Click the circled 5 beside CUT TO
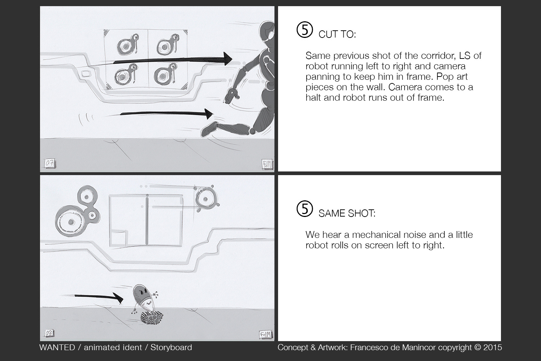pyautogui.click(x=305, y=30)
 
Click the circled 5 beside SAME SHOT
pyautogui.click(x=305, y=209)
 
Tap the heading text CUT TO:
pyautogui.click(x=337, y=35)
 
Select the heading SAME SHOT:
pyautogui.click(x=347, y=213)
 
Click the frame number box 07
pyautogui.click(x=49, y=164)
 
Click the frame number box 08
pyautogui.click(x=49, y=333)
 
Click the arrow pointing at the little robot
pyautogui.click(x=99, y=297)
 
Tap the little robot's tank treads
pyautogui.click(x=151, y=318)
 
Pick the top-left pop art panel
pyautogui.click(x=127, y=45)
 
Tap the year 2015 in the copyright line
pyautogui.click(x=493, y=348)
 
